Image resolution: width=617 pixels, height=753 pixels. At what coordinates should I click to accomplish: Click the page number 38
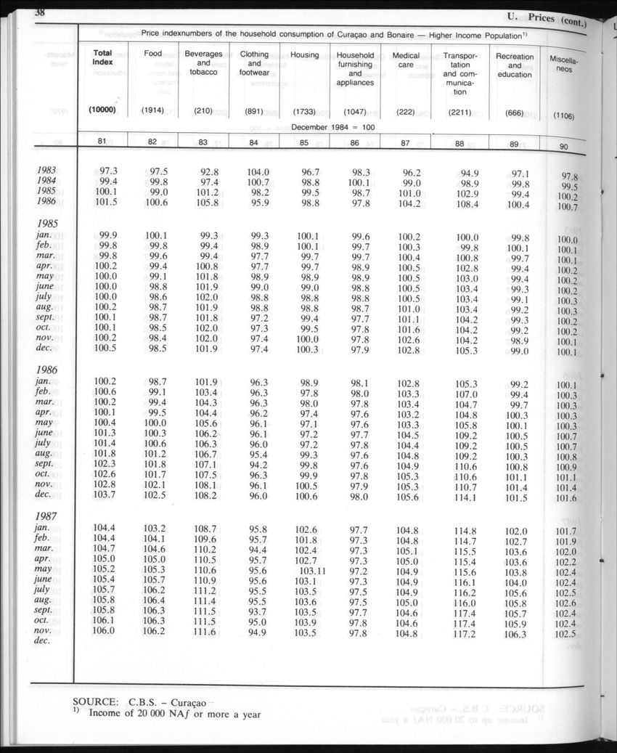point(35,13)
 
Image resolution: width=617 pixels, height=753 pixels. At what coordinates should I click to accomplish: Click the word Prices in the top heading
point(542,17)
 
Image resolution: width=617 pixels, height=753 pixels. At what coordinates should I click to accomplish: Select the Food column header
point(153,54)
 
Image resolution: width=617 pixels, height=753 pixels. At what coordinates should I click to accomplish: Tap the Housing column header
point(304,55)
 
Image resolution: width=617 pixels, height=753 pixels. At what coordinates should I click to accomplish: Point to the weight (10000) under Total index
point(103,110)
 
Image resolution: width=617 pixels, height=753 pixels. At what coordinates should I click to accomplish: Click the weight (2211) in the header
point(460,113)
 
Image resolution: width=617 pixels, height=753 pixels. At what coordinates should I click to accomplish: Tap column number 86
point(354,143)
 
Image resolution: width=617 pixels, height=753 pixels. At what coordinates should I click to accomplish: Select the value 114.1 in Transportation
point(465,497)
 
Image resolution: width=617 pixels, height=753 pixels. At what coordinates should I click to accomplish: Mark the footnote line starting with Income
point(174,713)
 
